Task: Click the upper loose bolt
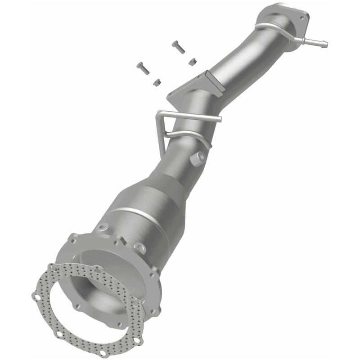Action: [178, 47]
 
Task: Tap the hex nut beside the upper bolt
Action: [192, 62]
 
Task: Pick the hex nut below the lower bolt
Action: [157, 82]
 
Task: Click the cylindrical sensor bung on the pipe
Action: [198, 157]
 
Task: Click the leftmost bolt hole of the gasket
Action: [35, 296]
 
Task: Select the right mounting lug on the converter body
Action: [140, 247]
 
